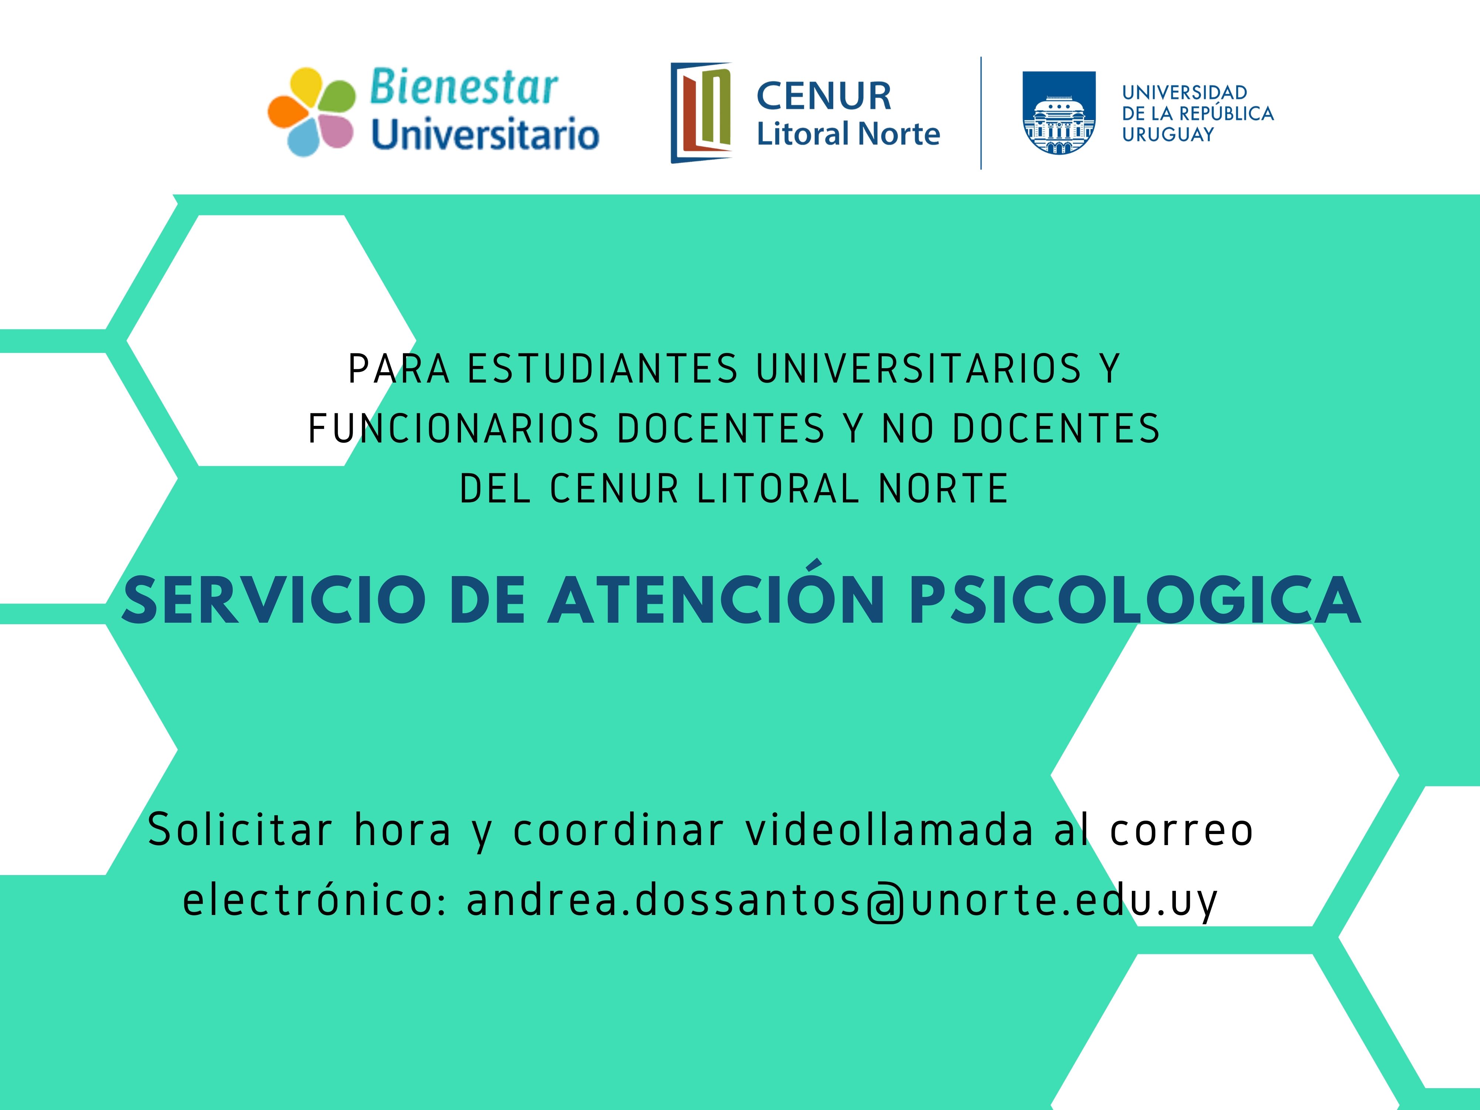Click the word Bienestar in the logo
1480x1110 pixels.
pyautogui.click(x=464, y=88)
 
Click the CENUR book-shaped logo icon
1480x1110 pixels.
pyautogui.click(x=701, y=112)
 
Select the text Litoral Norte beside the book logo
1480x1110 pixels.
pyautogui.click(x=848, y=134)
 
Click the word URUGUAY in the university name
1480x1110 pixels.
pyautogui.click(x=1168, y=134)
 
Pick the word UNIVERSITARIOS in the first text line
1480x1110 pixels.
pyautogui.click(x=919, y=369)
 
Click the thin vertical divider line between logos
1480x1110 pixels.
pyautogui.click(x=981, y=113)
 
